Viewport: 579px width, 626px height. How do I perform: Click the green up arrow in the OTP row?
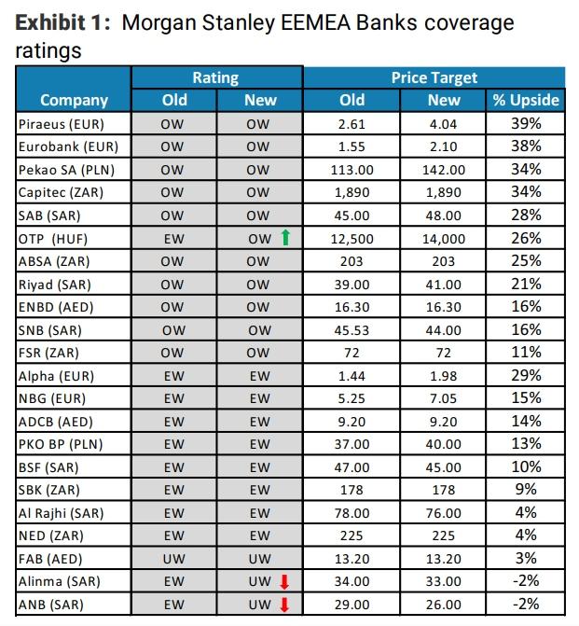coord(286,238)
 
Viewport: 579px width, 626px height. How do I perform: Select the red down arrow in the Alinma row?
coord(286,582)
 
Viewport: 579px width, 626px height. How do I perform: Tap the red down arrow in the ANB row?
coord(286,605)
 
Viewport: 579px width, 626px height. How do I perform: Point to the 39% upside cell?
coord(526,123)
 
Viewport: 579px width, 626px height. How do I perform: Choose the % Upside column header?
coord(526,100)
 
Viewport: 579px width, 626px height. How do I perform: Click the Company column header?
coord(75,100)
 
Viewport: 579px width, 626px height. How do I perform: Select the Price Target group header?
coord(434,77)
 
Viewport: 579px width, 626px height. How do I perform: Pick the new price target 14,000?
coord(444,239)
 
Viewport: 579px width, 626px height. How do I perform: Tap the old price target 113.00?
coord(352,169)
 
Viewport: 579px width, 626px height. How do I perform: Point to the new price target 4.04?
coord(444,123)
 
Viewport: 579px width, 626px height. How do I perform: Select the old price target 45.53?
coord(352,330)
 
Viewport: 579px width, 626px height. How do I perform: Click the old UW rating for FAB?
coord(172,559)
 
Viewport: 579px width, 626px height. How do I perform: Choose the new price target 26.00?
coord(444,605)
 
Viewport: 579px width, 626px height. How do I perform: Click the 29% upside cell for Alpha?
coord(526,375)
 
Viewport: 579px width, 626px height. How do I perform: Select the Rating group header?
coord(215,77)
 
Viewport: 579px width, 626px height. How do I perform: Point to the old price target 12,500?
coord(352,239)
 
